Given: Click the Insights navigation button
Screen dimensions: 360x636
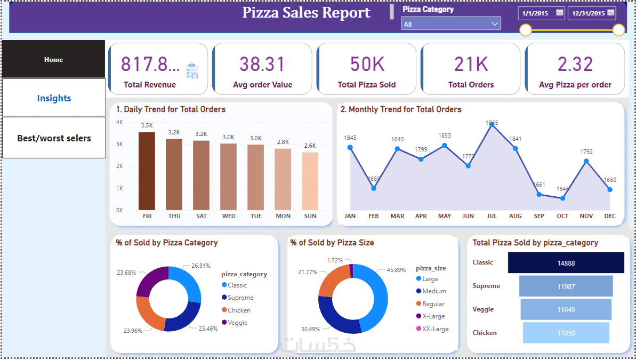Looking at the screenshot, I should pos(54,98).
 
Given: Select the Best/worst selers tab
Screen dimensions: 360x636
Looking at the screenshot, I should pos(54,138).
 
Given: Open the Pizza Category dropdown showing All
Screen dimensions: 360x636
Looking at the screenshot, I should pos(451,24).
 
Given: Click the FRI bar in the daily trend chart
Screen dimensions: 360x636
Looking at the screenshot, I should pos(147,171).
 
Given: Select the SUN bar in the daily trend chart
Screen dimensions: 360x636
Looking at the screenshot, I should pos(310,181).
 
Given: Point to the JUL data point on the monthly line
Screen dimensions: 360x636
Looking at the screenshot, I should pos(492,125).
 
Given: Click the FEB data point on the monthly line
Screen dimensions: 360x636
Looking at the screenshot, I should pos(374,188).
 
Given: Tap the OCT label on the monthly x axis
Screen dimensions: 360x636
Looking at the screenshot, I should pos(562,217).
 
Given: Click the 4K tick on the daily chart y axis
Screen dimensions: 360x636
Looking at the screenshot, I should pos(120,122).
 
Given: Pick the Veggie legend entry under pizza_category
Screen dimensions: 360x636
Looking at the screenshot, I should pos(237,323).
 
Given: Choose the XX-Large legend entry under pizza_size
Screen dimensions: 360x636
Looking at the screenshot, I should pos(435,329).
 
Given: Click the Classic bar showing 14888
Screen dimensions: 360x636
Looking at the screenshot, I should pos(566,263).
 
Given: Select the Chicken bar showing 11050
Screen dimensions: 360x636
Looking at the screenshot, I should pos(566,333).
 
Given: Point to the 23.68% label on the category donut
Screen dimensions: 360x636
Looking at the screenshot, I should pos(126,273).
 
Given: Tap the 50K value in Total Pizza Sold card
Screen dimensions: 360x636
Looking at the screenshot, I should pos(367,64).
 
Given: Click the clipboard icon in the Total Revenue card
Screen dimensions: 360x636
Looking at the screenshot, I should pos(192,71).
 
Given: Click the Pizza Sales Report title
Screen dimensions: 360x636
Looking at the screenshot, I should pos(307,13).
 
